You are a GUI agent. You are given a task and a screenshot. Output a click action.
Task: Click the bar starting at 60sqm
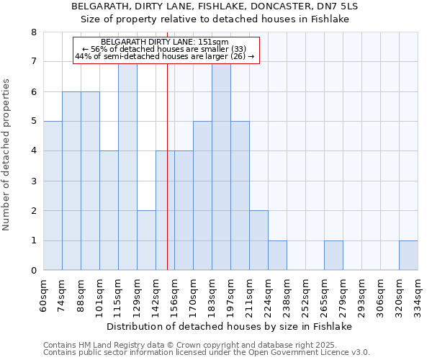53,196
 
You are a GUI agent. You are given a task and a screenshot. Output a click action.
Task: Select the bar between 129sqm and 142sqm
146,240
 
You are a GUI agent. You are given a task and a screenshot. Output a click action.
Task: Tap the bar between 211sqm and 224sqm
258,240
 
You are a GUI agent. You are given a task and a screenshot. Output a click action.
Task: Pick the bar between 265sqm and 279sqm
333,256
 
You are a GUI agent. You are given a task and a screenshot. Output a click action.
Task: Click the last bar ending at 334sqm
408,256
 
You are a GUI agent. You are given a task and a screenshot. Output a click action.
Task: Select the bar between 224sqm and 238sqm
277,256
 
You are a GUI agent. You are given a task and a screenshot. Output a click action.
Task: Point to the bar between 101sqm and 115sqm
109,210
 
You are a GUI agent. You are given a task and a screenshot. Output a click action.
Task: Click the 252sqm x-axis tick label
306,294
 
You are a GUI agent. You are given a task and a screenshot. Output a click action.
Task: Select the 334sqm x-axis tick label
418,294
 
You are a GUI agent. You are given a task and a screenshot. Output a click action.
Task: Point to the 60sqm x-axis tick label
44,294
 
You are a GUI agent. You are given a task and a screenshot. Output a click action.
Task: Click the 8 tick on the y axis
33,32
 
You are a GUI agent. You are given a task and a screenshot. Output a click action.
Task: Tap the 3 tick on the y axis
33,181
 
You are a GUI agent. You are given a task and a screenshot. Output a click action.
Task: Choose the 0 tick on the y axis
33,271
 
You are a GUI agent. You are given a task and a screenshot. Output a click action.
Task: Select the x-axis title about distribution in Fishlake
234,326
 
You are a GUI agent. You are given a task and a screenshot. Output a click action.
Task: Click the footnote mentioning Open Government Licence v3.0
207,353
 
